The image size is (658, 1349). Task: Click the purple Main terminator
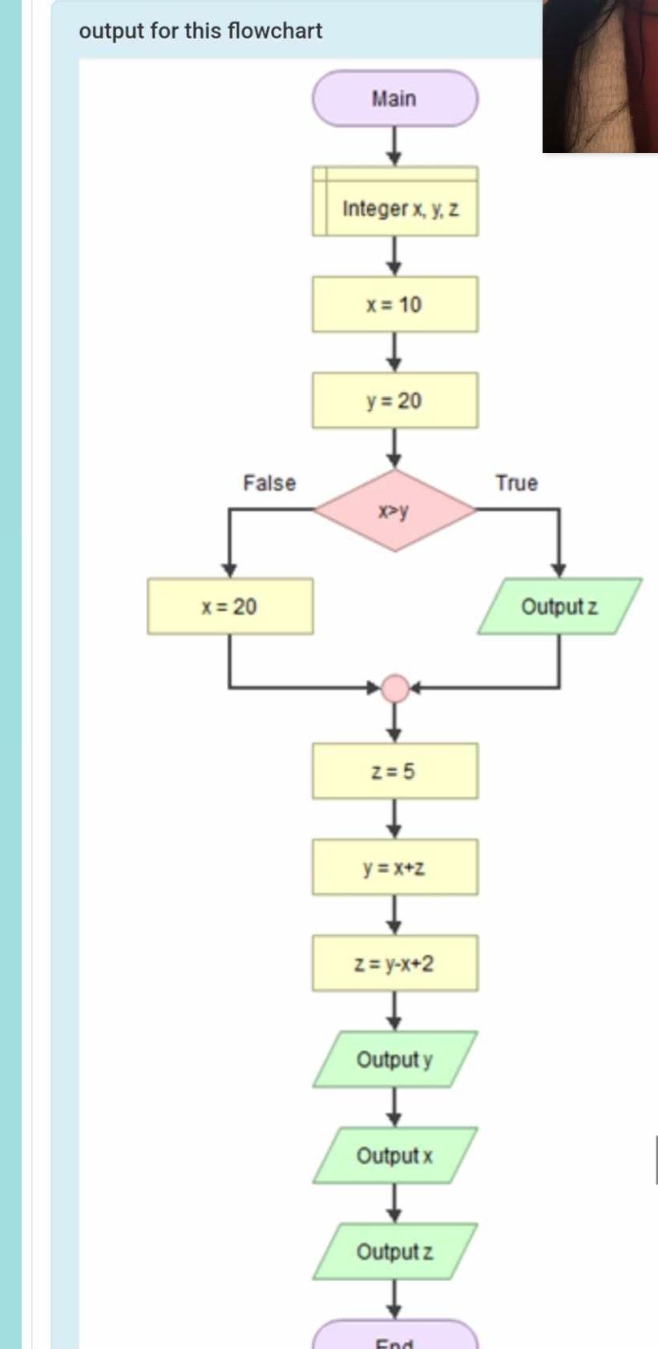(x=394, y=99)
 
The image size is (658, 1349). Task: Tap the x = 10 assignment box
(x=394, y=304)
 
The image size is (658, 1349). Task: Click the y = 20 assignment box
(x=394, y=400)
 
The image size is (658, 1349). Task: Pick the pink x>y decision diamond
(x=394, y=510)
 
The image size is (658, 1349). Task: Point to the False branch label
(x=269, y=483)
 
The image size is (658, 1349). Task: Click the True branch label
(x=516, y=483)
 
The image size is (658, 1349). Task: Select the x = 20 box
(x=230, y=606)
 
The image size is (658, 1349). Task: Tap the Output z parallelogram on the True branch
(x=559, y=606)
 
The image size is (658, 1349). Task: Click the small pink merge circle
(x=394, y=687)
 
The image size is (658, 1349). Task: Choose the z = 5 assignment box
(x=394, y=771)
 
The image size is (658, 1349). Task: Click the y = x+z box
(x=394, y=867)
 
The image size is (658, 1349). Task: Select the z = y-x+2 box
(x=394, y=963)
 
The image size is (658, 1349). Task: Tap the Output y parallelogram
(x=394, y=1059)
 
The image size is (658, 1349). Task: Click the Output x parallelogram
(x=394, y=1155)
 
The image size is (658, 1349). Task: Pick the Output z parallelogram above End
(x=394, y=1251)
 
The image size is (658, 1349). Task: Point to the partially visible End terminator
(x=394, y=1338)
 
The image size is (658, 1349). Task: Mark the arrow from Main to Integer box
(x=394, y=147)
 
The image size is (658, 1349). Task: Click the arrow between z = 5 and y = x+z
(x=394, y=819)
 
